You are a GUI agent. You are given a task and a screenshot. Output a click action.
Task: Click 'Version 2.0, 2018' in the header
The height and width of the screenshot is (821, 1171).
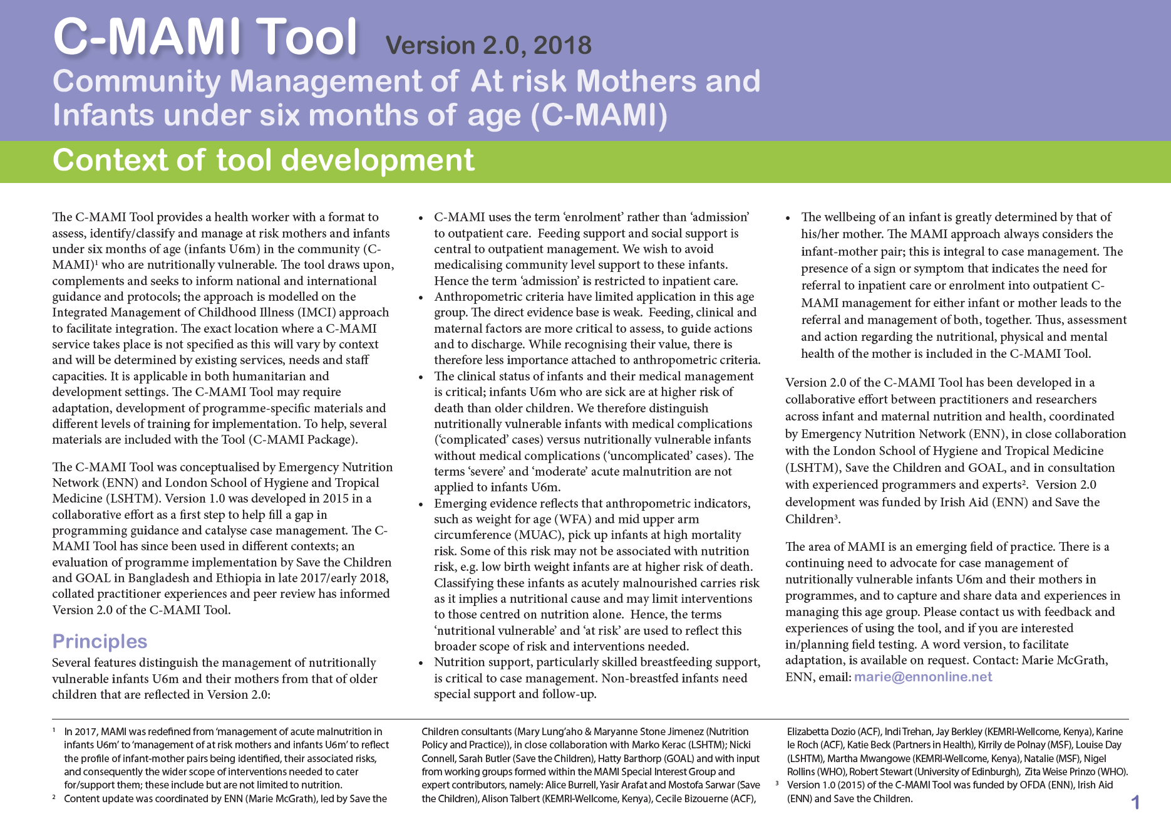coord(488,45)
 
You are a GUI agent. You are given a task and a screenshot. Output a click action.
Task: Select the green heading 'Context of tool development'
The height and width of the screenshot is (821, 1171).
coord(263,160)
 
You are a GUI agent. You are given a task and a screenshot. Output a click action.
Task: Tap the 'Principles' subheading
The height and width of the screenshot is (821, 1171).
coord(100,641)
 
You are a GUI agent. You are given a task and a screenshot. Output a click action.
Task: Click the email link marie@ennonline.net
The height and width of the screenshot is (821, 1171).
coord(923,677)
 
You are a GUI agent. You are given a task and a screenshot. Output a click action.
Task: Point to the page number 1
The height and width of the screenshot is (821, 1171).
coord(1135,802)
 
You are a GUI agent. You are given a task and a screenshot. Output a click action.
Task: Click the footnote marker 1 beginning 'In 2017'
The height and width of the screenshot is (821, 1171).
coord(54,730)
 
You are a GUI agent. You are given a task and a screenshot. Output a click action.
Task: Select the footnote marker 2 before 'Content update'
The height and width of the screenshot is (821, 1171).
coord(54,797)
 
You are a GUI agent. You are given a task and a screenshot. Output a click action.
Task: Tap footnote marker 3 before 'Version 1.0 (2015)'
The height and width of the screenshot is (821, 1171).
coord(777,783)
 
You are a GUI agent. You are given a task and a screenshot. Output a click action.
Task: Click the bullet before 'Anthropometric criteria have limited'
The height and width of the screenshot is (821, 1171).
coord(421,298)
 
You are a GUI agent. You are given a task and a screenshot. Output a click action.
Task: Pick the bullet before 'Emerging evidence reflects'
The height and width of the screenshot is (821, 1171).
coord(421,505)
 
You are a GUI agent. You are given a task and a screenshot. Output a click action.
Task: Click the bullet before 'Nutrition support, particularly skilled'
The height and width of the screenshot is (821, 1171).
coord(421,663)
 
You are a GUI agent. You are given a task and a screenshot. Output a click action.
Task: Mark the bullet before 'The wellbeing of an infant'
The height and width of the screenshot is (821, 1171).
coord(788,218)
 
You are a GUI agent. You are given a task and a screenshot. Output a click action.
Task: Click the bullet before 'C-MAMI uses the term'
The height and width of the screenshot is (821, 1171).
coord(421,218)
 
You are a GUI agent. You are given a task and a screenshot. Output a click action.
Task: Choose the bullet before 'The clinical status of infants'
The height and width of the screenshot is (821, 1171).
coord(421,377)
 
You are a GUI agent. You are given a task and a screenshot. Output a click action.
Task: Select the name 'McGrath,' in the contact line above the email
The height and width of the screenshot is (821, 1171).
coord(1082,660)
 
